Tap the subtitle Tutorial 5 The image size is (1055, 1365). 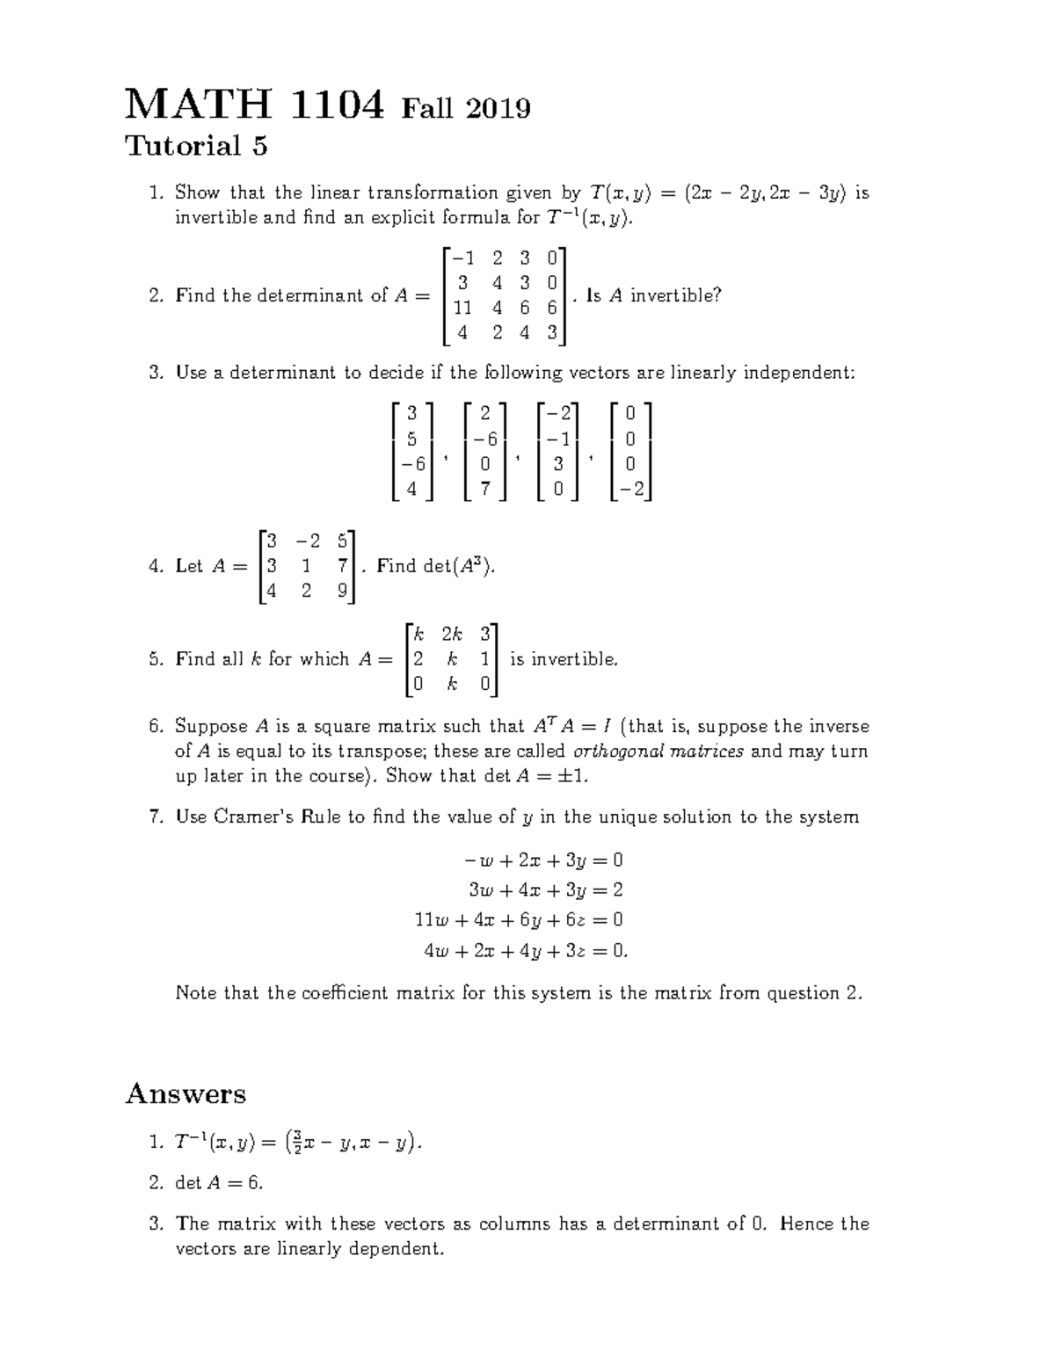coord(196,146)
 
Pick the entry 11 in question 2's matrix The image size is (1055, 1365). coord(462,308)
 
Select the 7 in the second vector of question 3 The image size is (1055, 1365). coord(485,490)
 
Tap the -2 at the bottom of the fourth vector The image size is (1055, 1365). coord(631,490)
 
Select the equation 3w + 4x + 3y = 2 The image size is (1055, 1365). coord(546,889)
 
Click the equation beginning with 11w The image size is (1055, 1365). coord(519,920)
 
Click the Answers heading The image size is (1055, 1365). coord(186,1094)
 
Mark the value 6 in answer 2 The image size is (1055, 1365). coord(255,1183)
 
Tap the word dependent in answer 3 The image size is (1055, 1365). coord(397,1249)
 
